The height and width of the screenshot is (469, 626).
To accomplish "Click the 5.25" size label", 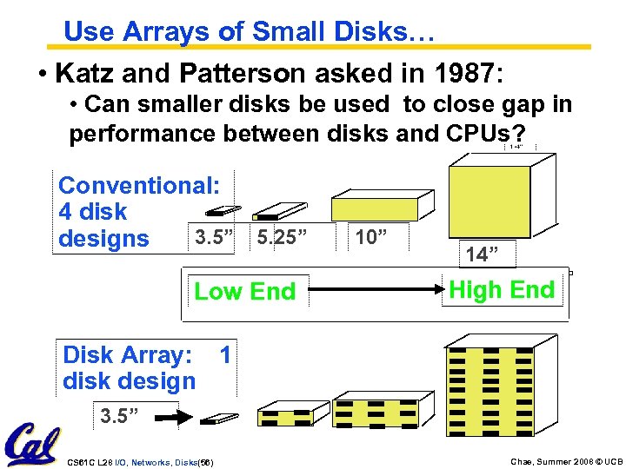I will click(283, 236).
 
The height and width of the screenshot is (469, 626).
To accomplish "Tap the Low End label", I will click(244, 292).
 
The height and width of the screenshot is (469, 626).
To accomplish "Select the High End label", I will click(502, 290).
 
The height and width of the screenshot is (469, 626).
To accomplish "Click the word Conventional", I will click(140, 186).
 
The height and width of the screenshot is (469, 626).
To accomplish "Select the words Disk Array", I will click(127, 355).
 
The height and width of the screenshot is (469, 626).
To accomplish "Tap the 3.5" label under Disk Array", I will click(120, 416).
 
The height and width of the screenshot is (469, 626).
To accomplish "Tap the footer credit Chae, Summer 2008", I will click(534, 461).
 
